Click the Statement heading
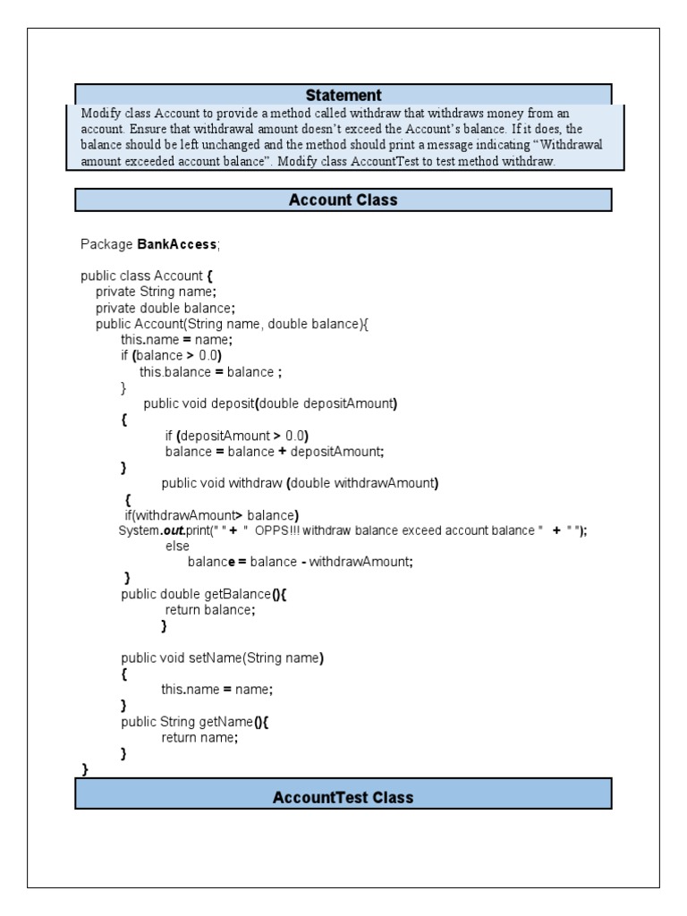[x=343, y=95]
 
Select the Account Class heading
[x=343, y=199]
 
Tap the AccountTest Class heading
[x=343, y=797]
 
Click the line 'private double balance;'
[x=165, y=308]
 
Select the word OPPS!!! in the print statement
[x=278, y=530]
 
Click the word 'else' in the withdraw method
[x=177, y=546]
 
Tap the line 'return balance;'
[x=210, y=609]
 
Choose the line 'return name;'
[x=199, y=737]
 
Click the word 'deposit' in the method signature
[x=233, y=403]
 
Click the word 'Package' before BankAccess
[x=106, y=244]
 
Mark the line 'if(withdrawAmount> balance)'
[x=211, y=514]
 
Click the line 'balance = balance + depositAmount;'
[x=274, y=451]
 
